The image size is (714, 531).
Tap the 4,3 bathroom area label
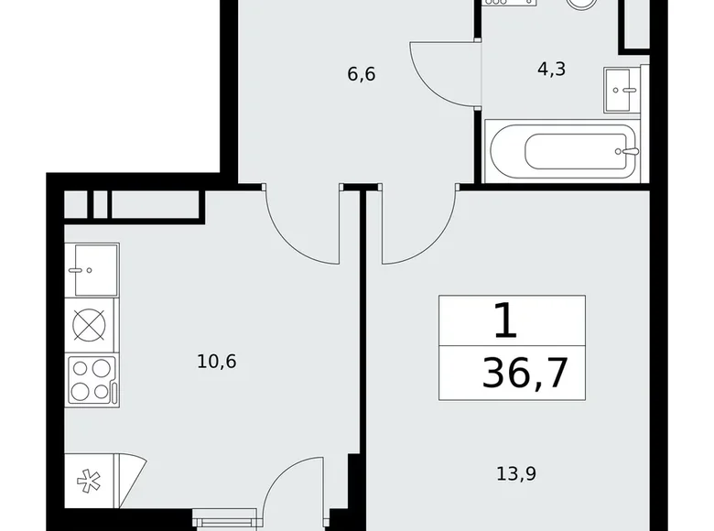tap(552, 69)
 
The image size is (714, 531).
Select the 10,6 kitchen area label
tap(217, 361)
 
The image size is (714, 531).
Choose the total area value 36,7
tap(525, 374)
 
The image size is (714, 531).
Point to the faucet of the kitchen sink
tap(83, 270)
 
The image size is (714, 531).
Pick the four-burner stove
tap(91, 379)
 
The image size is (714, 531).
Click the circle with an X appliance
tap(91, 326)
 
